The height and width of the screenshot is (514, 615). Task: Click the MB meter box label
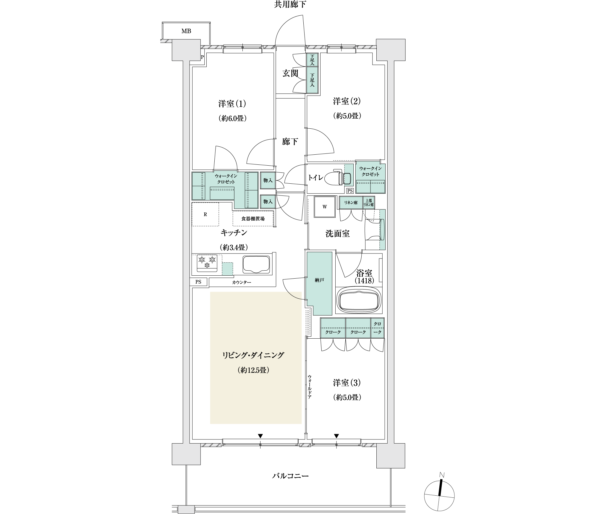point(186,31)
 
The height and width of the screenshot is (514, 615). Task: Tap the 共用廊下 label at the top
point(290,4)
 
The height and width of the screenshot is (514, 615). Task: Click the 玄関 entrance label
point(290,73)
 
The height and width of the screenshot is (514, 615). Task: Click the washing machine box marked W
point(325,207)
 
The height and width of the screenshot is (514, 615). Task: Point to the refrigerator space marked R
point(205,214)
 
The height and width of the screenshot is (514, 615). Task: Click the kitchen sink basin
point(256,264)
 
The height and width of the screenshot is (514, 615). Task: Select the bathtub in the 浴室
point(359,302)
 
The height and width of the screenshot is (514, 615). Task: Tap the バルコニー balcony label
point(290,476)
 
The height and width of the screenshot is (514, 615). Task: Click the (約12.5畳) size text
point(253,370)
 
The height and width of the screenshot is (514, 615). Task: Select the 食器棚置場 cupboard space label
point(253,219)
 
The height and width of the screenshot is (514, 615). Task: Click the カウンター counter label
point(242,282)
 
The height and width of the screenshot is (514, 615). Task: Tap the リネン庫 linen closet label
point(350,203)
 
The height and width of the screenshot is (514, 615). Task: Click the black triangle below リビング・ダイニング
point(260,436)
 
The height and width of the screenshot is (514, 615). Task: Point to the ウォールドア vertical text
point(310,387)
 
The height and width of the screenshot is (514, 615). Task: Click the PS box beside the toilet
point(350,191)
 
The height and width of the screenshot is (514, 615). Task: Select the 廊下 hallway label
point(290,142)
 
